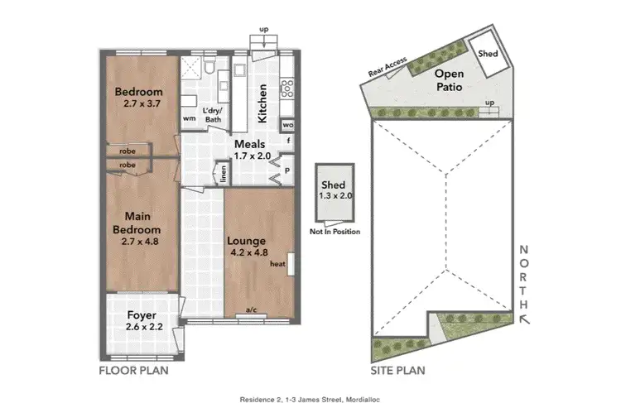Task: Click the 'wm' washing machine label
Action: coord(189,118)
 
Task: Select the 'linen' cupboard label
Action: coord(223,175)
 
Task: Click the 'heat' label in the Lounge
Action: coord(277,264)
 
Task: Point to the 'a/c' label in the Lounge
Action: coord(251,311)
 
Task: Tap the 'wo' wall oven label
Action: coord(289,125)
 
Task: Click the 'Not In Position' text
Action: coord(335,232)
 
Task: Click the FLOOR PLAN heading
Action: coord(133,370)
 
